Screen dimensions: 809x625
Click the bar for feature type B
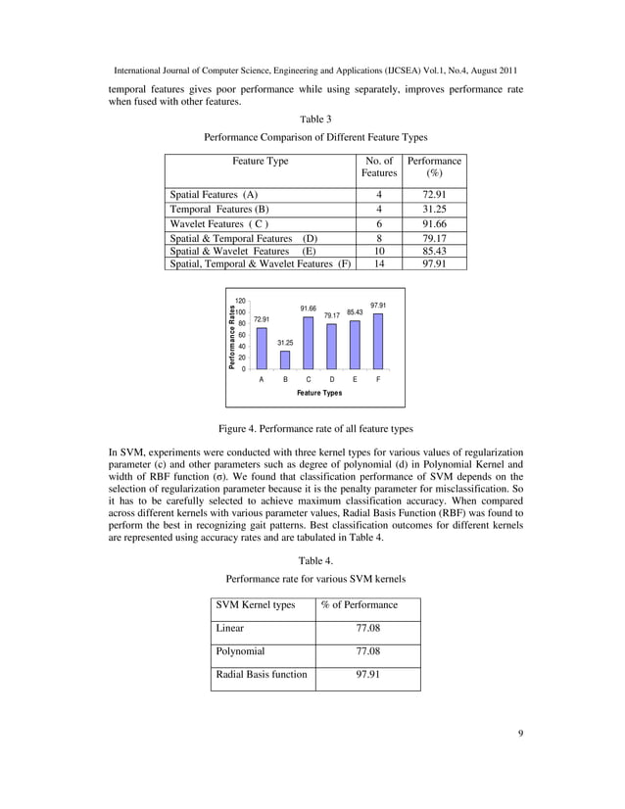284,359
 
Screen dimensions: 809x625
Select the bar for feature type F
378,341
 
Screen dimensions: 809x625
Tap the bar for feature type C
308,343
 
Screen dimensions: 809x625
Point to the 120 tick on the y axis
239,301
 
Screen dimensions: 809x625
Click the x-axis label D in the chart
331,378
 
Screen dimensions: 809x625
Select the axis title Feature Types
319,392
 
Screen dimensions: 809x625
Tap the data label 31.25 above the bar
285,342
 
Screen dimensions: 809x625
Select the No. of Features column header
378,167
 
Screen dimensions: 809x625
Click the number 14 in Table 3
379,263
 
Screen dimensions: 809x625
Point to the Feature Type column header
261,161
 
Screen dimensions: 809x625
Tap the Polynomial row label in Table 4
240,649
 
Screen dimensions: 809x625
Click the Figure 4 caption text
314,429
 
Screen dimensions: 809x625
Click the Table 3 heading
314,119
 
